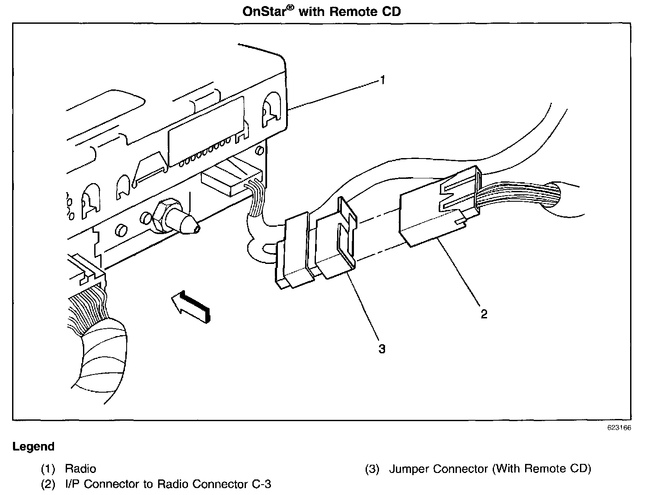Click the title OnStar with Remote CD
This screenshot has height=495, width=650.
click(x=322, y=11)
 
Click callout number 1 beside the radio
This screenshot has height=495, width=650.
click(x=382, y=80)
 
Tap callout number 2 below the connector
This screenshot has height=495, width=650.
click(x=484, y=314)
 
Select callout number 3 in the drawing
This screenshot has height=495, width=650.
click(x=382, y=348)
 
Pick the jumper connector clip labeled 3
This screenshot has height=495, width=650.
click(x=336, y=242)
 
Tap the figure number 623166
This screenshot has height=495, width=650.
click(x=619, y=428)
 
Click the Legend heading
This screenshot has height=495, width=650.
click(x=34, y=447)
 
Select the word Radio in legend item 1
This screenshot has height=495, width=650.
click(x=80, y=469)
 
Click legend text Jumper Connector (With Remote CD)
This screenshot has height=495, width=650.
click(x=490, y=469)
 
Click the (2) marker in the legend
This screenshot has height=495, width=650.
click(x=48, y=484)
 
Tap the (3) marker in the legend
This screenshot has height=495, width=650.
click(x=372, y=469)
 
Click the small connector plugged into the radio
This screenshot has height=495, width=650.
click(x=231, y=177)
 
